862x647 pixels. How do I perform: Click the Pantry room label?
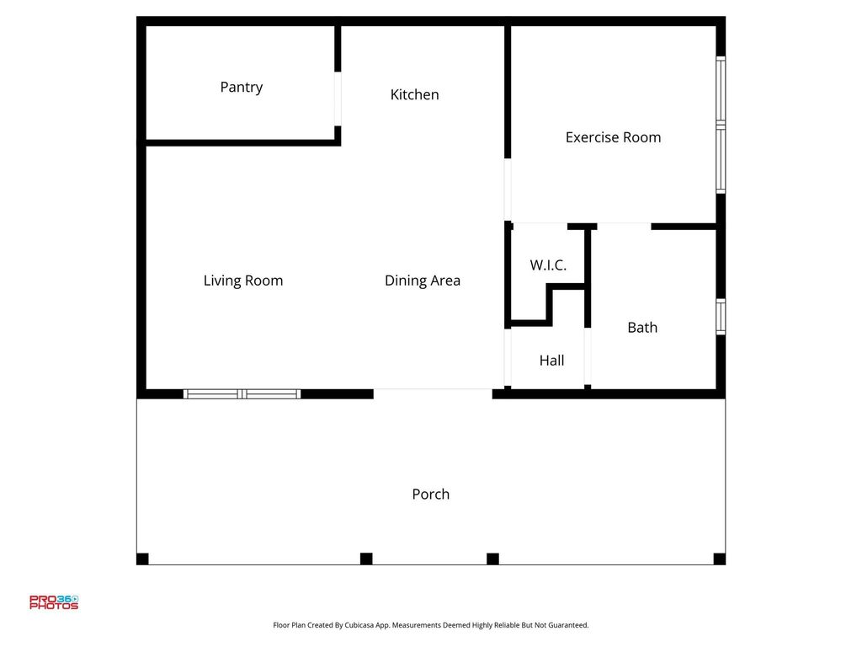pos(242,88)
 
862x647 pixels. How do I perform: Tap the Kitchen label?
pos(414,94)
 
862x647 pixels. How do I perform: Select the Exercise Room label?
pos(613,137)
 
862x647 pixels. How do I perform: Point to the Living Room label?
pos(243,281)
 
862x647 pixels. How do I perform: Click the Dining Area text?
pos(423,281)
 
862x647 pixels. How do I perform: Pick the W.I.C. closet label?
pos(548,265)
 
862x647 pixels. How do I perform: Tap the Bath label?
pos(642,328)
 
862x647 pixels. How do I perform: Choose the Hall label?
pos(551,361)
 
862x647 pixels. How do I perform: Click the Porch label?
pos(430,494)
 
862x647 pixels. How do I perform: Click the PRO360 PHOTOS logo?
pos(54,602)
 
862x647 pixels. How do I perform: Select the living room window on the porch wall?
pos(242,394)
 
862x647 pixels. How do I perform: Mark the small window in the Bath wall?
pos(721,317)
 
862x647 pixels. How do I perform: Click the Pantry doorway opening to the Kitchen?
pos(338,99)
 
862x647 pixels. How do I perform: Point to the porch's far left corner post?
pos(142,559)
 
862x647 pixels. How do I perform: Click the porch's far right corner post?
pos(719,559)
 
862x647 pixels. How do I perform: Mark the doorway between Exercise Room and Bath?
pos(624,226)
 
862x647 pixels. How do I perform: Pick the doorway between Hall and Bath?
pos(588,356)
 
